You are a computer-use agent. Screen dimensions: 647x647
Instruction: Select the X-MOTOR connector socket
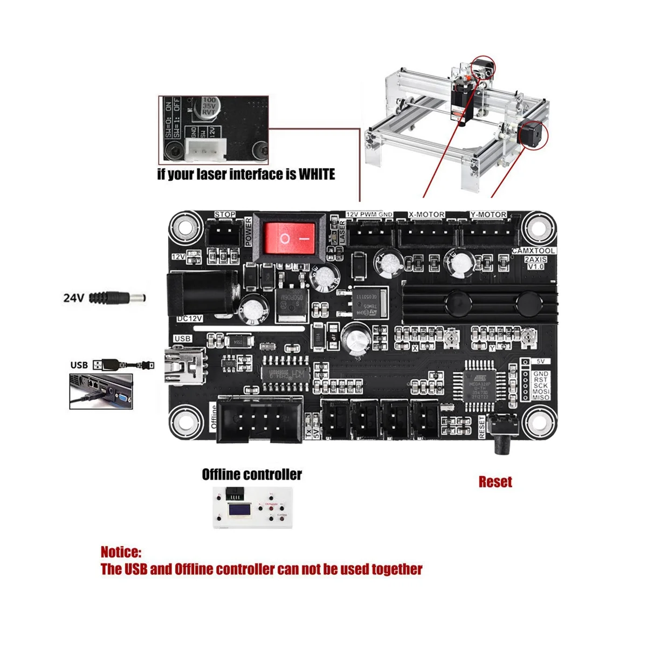(x=426, y=233)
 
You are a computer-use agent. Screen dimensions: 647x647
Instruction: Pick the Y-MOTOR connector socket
(x=488, y=233)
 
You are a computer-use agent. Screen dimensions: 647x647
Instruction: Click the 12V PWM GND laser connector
(x=369, y=233)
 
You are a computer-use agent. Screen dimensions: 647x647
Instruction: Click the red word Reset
(x=495, y=481)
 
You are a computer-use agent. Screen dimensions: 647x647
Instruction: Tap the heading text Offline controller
(x=252, y=474)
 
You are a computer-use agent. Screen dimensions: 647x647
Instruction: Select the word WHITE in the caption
(x=310, y=174)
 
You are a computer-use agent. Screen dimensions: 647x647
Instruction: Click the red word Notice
(x=121, y=552)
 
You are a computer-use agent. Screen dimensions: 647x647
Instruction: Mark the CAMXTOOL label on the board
(x=533, y=251)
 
